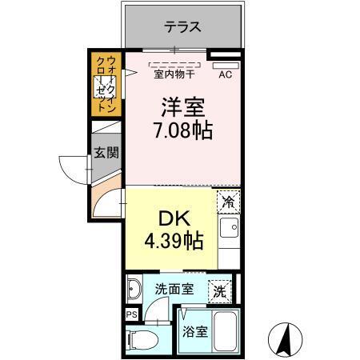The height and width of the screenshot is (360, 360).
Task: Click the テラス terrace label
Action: click(182, 26)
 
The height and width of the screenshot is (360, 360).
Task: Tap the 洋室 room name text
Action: click(182, 106)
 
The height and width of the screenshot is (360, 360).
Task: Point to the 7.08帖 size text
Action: click(183, 131)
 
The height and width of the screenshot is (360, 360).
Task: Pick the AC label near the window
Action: click(226, 76)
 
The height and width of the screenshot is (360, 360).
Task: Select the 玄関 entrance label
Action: click(106, 152)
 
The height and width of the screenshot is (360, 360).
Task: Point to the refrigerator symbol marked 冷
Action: click(228, 202)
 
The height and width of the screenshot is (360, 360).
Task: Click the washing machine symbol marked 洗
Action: click(219, 292)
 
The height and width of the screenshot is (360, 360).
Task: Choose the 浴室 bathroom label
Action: click(196, 331)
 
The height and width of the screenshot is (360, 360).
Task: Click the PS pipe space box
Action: click(131, 314)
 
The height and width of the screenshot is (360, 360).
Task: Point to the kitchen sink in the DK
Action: click(227, 233)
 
